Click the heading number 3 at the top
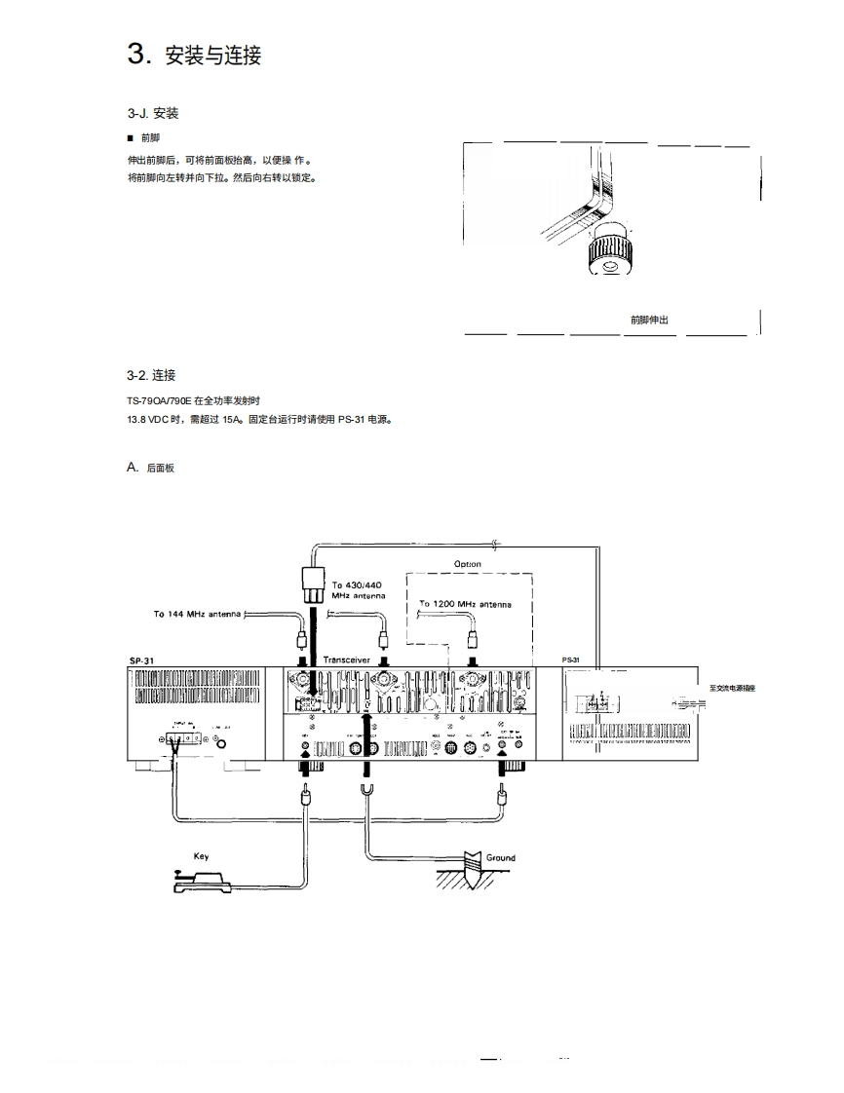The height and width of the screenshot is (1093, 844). [136, 54]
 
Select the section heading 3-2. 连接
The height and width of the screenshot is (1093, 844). [151, 375]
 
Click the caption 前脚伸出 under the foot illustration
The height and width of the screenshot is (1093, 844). [649, 320]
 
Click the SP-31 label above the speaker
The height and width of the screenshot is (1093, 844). [142, 660]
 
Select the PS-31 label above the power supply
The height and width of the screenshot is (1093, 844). [571, 660]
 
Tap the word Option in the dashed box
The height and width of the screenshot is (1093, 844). [468, 564]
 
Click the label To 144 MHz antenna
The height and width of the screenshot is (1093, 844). [197, 615]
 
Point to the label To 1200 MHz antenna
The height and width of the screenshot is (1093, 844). [465, 604]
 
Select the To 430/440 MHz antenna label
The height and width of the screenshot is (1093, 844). [359, 589]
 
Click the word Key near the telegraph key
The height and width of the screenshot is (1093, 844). [201, 856]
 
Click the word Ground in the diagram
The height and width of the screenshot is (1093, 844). [501, 858]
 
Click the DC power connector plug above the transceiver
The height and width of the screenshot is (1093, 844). [314, 582]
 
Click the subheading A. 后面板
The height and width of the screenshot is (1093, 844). [151, 468]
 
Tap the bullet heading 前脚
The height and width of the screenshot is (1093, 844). [145, 138]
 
